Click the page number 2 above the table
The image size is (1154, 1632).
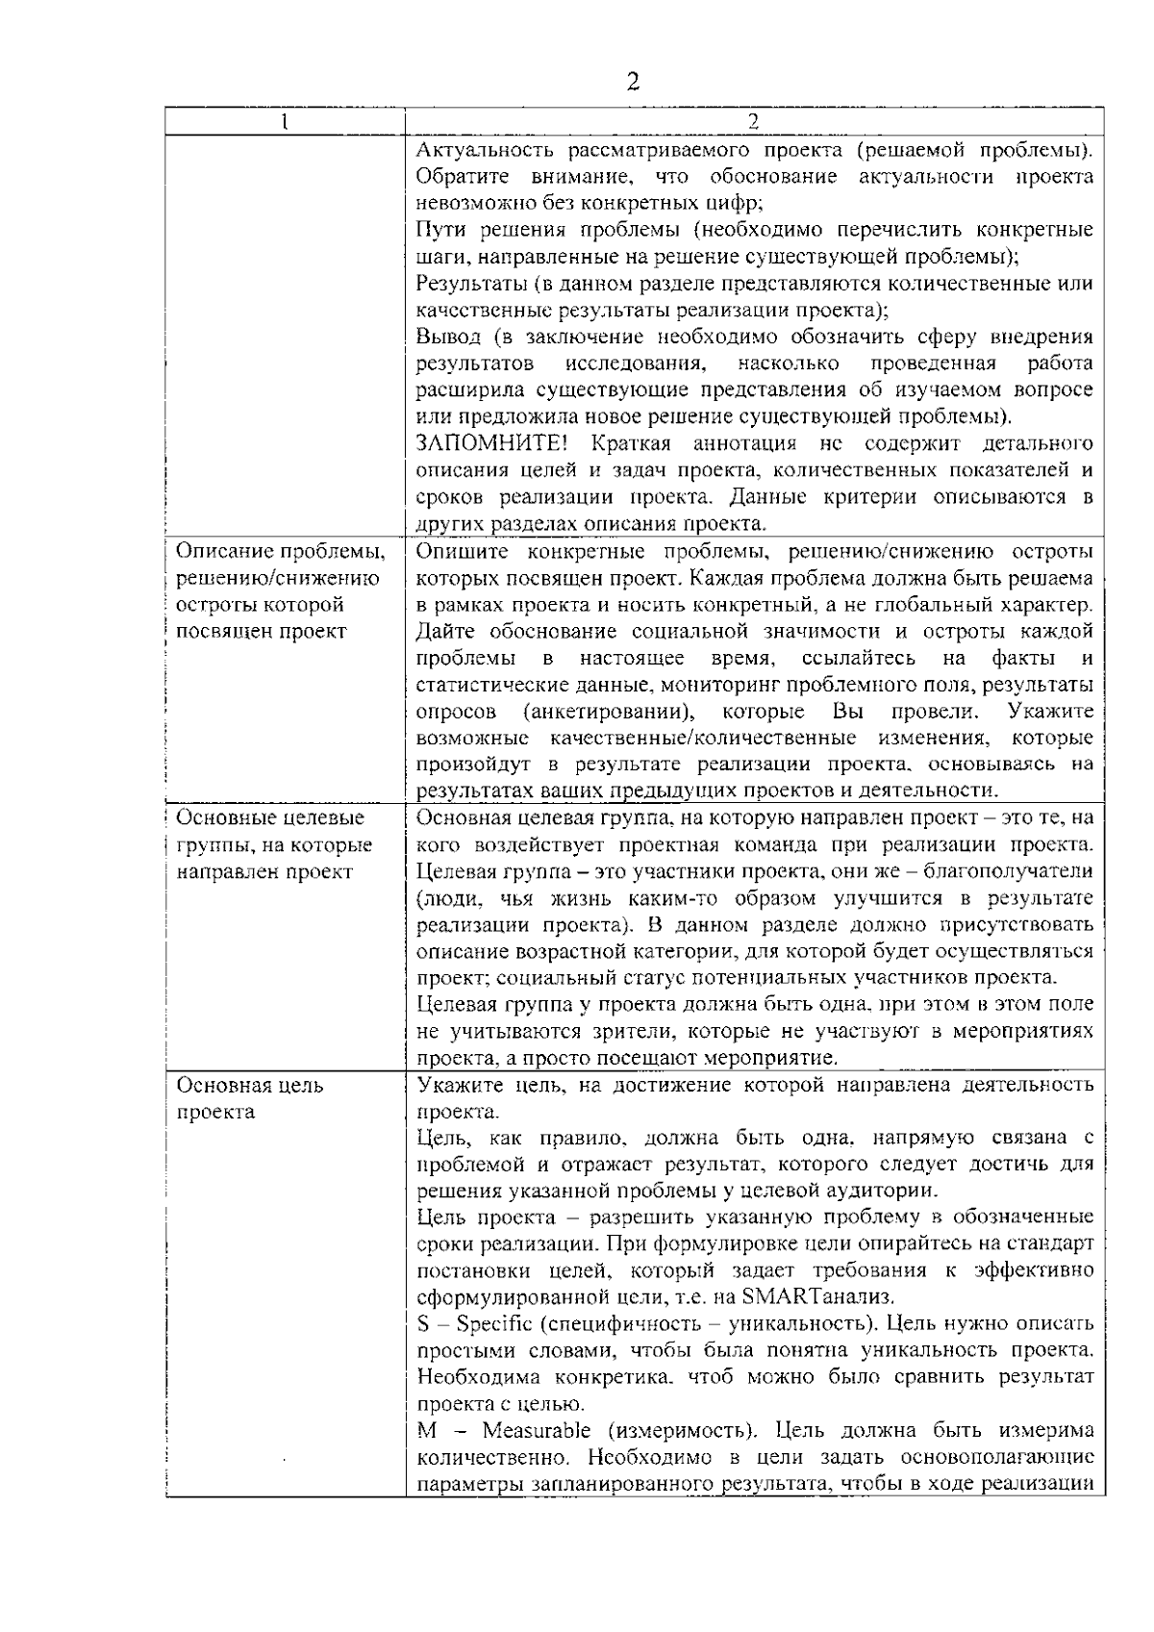coord(633,81)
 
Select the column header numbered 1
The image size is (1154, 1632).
coord(285,121)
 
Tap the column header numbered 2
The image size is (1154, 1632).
coord(753,121)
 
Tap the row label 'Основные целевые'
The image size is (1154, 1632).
coord(270,817)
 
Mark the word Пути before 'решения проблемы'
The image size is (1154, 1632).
coord(442,230)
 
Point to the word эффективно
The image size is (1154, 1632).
coord(1034,1270)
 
